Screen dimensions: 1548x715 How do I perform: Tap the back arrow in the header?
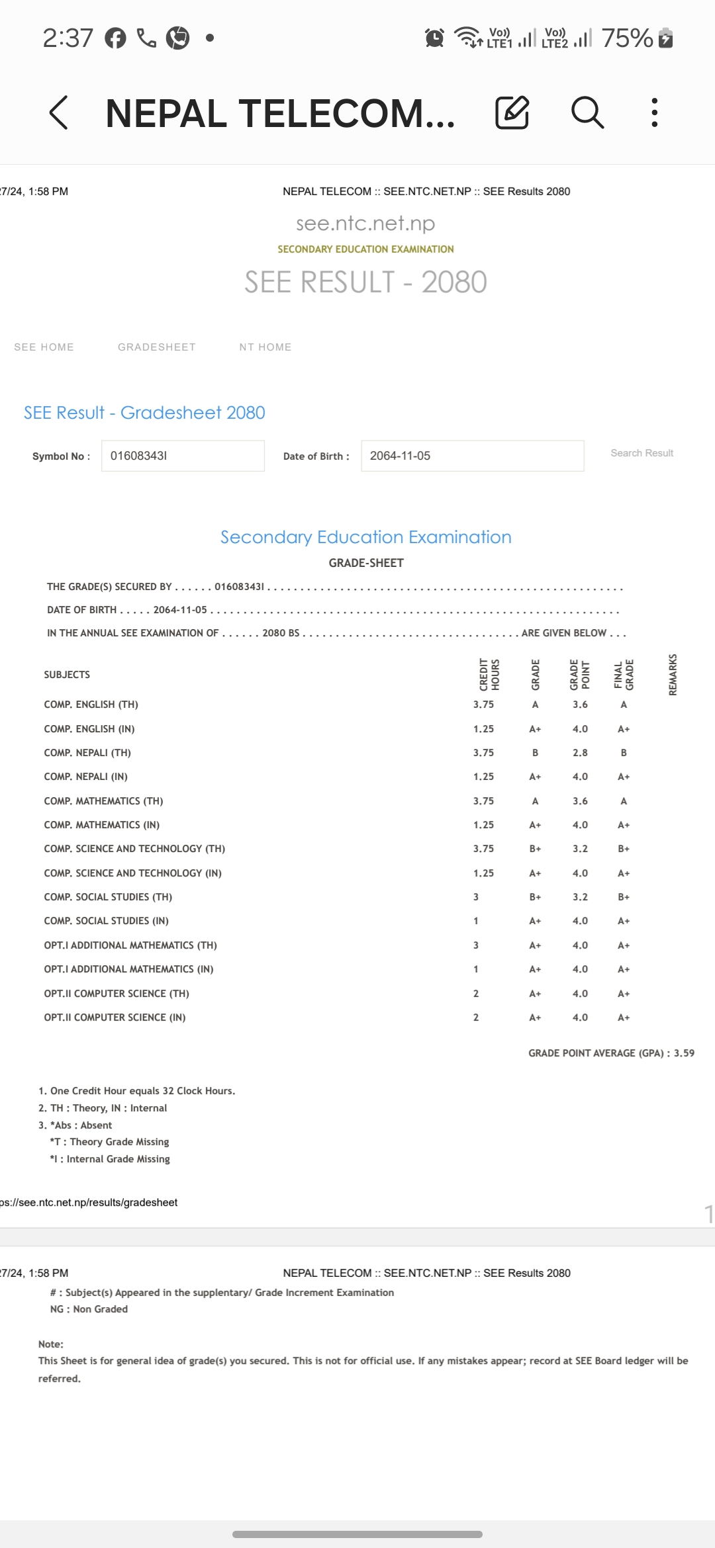59,112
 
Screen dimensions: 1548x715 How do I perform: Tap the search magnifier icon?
587,112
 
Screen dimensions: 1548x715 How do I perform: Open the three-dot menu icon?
654,112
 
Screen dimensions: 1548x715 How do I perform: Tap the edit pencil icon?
512,112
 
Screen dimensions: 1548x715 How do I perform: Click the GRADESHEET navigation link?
156,347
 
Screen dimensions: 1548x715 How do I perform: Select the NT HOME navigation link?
265,347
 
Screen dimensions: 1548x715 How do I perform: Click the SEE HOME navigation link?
44,347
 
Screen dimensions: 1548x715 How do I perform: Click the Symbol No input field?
183,456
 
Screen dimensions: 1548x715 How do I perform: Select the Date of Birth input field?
472,456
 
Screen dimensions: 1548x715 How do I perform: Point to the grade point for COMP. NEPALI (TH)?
580,753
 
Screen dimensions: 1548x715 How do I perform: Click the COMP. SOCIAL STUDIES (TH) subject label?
108,897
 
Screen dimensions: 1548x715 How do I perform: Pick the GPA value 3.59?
684,1053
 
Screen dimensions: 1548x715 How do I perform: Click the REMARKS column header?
673,675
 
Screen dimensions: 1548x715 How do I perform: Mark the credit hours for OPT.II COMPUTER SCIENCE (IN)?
476,1017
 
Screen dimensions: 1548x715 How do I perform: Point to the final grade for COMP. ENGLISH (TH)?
624,705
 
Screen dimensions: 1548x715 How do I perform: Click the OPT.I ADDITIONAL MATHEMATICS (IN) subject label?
128,969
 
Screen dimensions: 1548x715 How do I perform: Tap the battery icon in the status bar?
667,38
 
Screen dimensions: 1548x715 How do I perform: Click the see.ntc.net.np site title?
365,224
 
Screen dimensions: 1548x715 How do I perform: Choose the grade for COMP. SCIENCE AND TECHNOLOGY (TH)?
535,849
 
